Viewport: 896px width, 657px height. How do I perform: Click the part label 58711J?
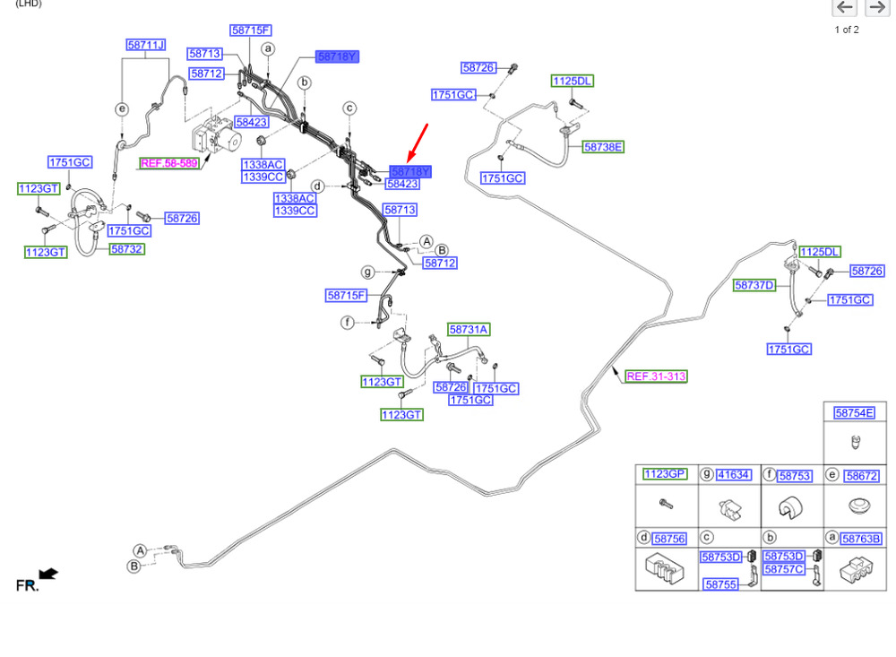coord(146,45)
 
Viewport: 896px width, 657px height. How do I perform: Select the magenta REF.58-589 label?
coord(169,163)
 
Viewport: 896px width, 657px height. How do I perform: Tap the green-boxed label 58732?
coord(127,249)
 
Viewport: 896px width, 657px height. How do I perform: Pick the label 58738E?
coord(603,147)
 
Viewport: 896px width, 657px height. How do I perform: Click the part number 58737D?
coord(754,285)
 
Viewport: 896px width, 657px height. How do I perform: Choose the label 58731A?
coord(469,329)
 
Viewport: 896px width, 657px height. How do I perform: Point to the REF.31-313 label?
coord(656,376)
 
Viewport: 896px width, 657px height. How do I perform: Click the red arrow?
coord(418,143)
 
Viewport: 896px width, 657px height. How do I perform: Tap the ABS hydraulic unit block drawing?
coord(216,135)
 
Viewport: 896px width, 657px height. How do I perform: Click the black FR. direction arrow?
coord(48,574)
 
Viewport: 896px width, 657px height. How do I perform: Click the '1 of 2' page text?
coord(847,30)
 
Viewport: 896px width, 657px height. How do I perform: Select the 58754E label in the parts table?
coord(854,413)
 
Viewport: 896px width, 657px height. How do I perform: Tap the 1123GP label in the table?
coord(665,474)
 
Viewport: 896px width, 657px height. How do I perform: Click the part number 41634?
coord(734,474)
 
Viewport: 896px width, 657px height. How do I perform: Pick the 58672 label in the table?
coord(861,476)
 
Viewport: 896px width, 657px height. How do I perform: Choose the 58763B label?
coord(861,539)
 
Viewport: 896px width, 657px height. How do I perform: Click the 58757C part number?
coord(784,569)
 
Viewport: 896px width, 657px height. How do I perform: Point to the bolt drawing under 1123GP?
coord(667,504)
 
